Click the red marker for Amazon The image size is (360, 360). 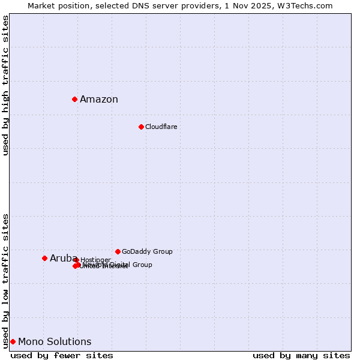coord(74,99)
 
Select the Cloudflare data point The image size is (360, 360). coord(141,127)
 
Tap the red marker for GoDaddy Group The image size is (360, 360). coord(118,251)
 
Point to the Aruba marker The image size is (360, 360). coord(44,258)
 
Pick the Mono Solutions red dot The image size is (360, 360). coord(13,341)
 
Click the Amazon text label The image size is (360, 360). coord(99,100)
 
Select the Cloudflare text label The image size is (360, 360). coord(161,127)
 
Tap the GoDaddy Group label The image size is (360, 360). coord(147,251)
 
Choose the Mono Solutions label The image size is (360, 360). coord(55,342)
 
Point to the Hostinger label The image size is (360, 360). coord(95,260)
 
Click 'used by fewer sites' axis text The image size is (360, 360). coord(62,355)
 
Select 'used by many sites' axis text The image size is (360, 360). coord(301,355)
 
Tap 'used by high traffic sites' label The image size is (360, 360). coord(5,85)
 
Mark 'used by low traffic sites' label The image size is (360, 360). coord(5,280)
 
